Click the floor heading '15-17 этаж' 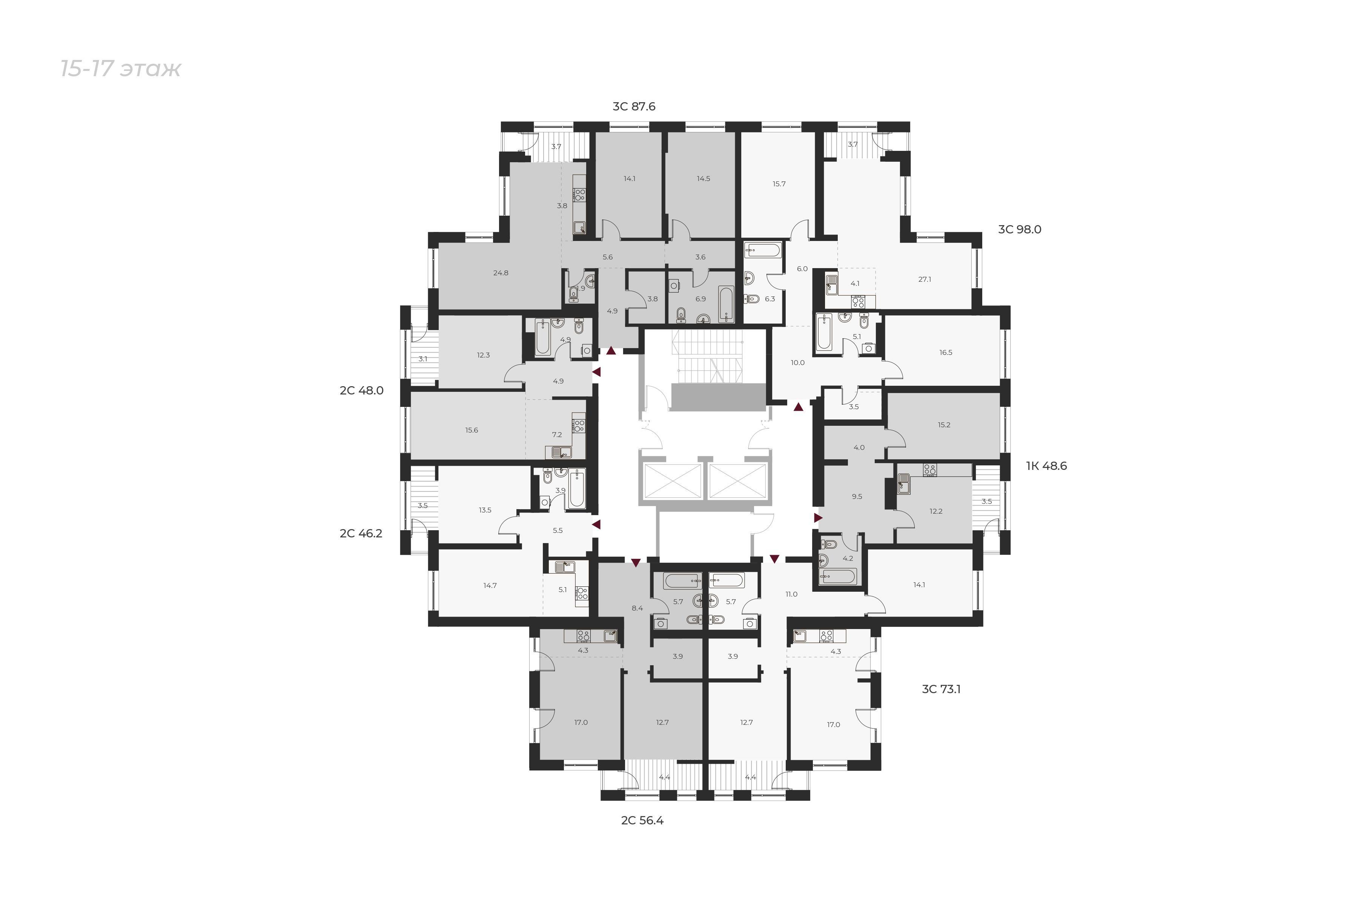[x=121, y=69]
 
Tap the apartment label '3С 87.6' [x=634, y=107]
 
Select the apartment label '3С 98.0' [x=1019, y=230]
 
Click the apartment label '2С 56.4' [x=642, y=821]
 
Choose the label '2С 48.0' [x=362, y=391]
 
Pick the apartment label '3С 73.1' [x=941, y=689]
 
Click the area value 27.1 [x=925, y=279]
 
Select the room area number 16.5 [x=946, y=352]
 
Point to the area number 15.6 [x=472, y=430]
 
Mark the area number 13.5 [x=485, y=510]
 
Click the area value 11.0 [x=791, y=594]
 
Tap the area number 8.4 [x=637, y=608]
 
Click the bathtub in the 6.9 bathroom [x=726, y=304]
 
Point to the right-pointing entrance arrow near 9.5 [x=819, y=518]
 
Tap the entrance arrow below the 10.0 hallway [x=799, y=407]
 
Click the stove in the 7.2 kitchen [x=578, y=425]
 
